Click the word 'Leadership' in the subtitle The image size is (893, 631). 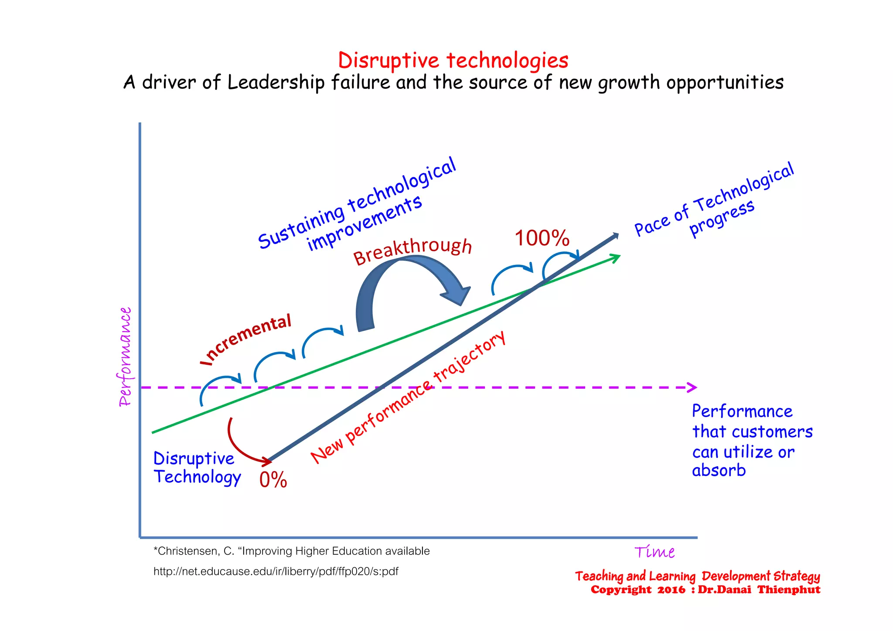click(276, 82)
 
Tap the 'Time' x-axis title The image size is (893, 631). click(654, 552)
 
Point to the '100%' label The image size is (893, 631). click(542, 238)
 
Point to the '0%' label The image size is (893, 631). click(273, 480)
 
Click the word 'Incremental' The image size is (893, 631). click(247, 339)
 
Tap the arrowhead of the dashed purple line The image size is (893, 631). click(692, 387)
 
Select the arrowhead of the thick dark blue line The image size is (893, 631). click(615, 236)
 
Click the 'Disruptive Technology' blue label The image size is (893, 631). click(197, 468)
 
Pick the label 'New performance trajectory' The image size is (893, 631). click(408, 397)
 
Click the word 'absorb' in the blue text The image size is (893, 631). click(719, 471)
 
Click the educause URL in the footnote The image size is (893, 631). click(276, 571)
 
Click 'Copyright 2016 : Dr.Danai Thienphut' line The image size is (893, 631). click(705, 590)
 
